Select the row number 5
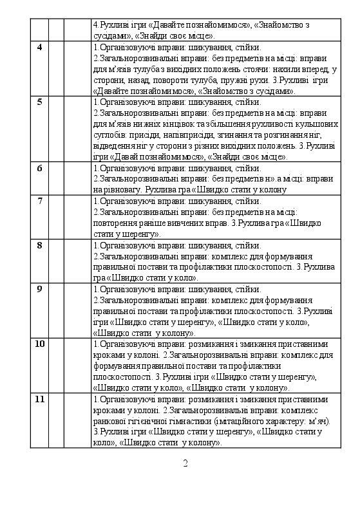click(x=40, y=102)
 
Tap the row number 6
click(x=40, y=169)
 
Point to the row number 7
click(x=40, y=201)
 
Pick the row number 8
click(x=40, y=245)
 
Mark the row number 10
click(x=40, y=344)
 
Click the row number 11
click(x=40, y=399)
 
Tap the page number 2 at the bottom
click(x=185, y=463)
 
